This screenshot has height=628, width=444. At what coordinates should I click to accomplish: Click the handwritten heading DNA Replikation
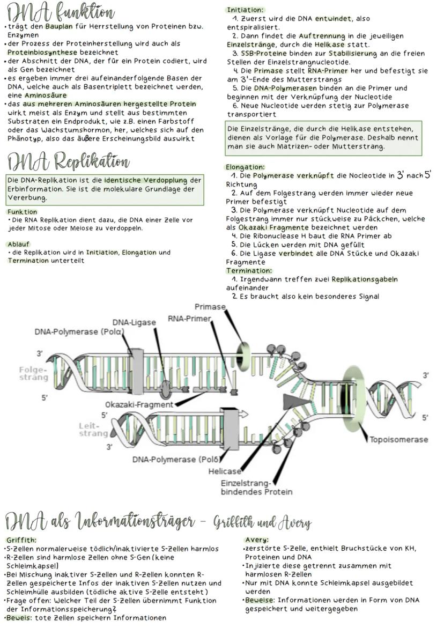click(x=68, y=160)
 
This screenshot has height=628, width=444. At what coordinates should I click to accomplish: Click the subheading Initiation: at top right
click(x=245, y=10)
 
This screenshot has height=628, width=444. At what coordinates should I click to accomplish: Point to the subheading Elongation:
click(x=246, y=167)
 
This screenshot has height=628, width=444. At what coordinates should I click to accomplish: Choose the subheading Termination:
click(x=249, y=271)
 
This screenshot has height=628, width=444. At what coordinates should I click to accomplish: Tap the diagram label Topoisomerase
click(x=399, y=440)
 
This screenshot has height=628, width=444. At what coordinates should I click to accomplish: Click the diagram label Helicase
click(x=225, y=471)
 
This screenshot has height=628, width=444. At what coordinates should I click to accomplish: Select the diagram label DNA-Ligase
click(x=134, y=322)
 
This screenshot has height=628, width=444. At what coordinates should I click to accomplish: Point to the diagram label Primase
click(x=210, y=307)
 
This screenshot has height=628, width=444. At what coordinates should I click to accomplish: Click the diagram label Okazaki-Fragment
click(x=139, y=404)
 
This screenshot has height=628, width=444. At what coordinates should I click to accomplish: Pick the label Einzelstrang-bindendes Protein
click(x=257, y=487)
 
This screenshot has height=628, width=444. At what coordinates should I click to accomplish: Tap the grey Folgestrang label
click(x=33, y=373)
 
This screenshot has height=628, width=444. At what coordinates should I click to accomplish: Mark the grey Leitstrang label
click(x=93, y=430)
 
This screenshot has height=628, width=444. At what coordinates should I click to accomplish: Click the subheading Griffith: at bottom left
click(x=21, y=540)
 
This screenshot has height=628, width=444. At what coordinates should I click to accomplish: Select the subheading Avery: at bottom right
click(x=256, y=540)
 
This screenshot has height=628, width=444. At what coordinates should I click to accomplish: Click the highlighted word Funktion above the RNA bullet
click(x=22, y=212)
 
